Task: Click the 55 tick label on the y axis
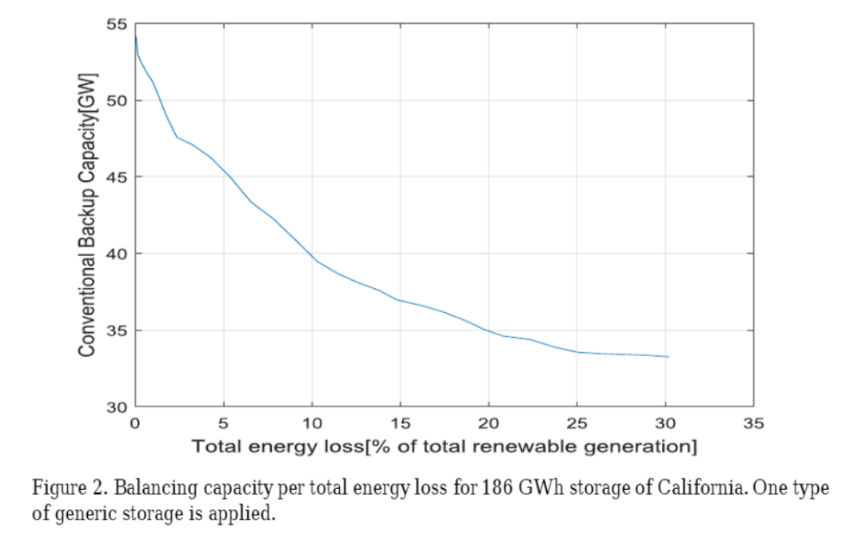[x=118, y=24]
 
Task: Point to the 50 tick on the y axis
[x=118, y=101]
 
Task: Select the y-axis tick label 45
[x=118, y=177]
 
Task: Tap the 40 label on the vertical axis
[x=118, y=254]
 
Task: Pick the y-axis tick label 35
[x=118, y=331]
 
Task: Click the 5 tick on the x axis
[x=224, y=423]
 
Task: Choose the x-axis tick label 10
[x=312, y=423]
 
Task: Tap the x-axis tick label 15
[x=401, y=423]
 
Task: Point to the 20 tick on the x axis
[x=489, y=423]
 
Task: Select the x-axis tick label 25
[x=577, y=423]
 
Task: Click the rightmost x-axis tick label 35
[x=754, y=423]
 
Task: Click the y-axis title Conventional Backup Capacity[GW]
[x=88, y=215]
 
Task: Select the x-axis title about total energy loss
[x=444, y=445]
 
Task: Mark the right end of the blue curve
[x=668, y=356]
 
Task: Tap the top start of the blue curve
[x=136, y=37]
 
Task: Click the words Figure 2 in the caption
[x=64, y=488]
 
